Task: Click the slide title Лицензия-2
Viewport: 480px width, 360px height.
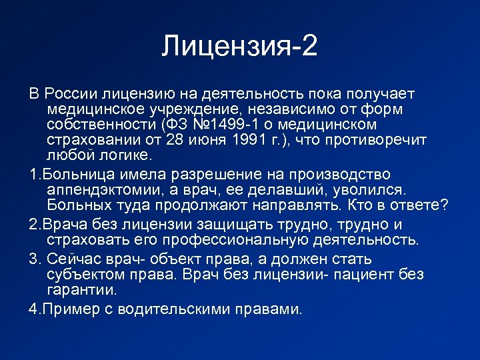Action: click(240, 47)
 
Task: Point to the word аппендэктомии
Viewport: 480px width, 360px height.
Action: click(103, 190)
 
